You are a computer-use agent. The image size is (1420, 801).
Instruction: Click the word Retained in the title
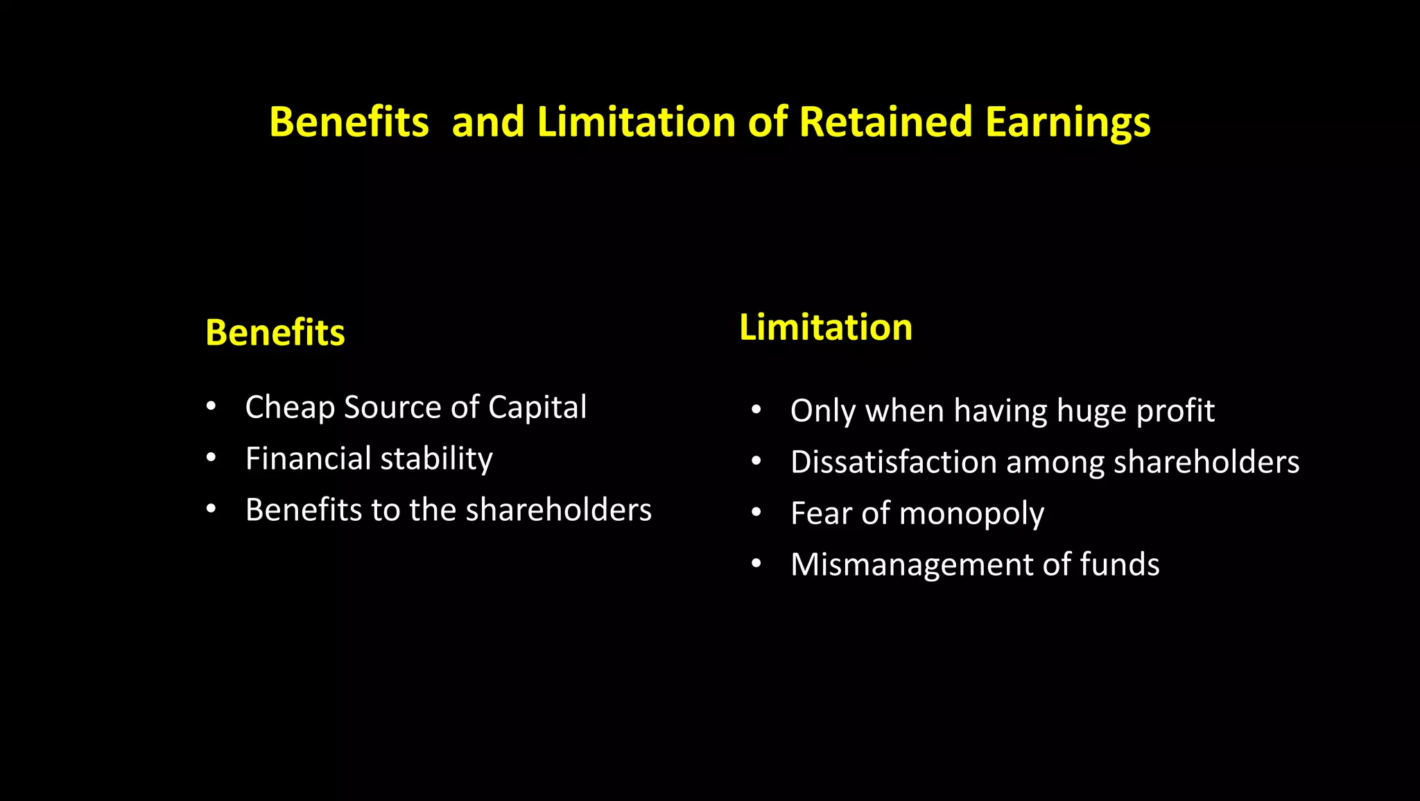pyautogui.click(x=885, y=122)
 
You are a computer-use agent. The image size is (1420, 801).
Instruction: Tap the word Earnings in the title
pyautogui.click(x=1067, y=123)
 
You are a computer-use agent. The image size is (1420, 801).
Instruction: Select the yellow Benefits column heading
pyautogui.click(x=275, y=332)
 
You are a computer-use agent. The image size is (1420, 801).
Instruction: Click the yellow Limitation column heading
pyautogui.click(x=825, y=327)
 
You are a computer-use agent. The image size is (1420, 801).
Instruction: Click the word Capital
pyautogui.click(x=537, y=407)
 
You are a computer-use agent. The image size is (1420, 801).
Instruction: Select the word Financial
pyautogui.click(x=309, y=458)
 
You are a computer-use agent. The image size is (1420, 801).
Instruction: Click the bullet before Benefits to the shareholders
pyautogui.click(x=211, y=509)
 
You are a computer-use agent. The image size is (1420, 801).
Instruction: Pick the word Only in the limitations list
pyautogui.click(x=823, y=411)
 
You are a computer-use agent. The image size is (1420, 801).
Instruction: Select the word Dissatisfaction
pyautogui.click(x=894, y=462)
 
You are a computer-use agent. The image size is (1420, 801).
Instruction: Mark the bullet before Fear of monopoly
pyautogui.click(x=756, y=513)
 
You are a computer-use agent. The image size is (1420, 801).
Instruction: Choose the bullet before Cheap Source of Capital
pyautogui.click(x=211, y=406)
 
